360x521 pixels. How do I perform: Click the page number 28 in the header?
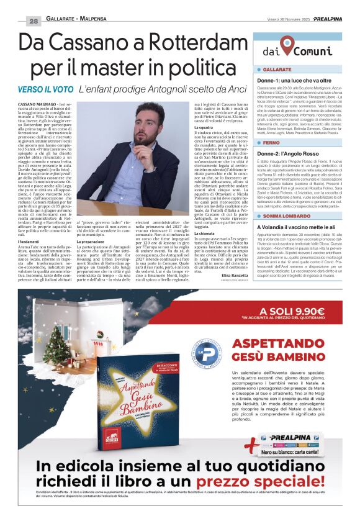click(x=33, y=20)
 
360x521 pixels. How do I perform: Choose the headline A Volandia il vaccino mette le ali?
click(x=299, y=228)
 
